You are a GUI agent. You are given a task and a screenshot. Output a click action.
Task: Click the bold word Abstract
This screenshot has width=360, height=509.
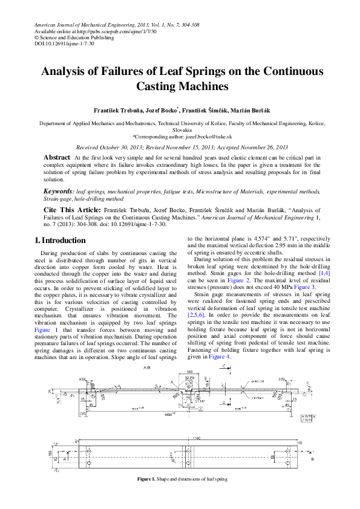coord(56,157)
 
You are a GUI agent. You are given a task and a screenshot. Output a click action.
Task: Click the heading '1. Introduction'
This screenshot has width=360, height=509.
coord(61,241)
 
